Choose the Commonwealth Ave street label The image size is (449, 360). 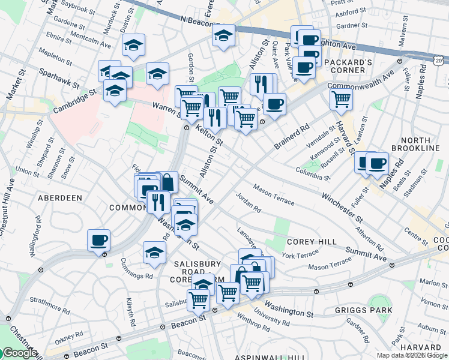pyautogui.click(x=360, y=82)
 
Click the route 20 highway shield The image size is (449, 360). pyautogui.click(x=439, y=61)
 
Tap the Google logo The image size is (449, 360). pyautogui.click(x=19, y=353)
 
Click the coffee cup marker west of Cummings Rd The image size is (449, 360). pyautogui.click(x=98, y=241)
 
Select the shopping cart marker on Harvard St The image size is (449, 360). pyautogui.click(x=341, y=99)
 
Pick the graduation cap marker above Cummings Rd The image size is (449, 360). pyautogui.click(x=154, y=252)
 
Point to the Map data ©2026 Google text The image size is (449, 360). pyautogui.click(x=411, y=355)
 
